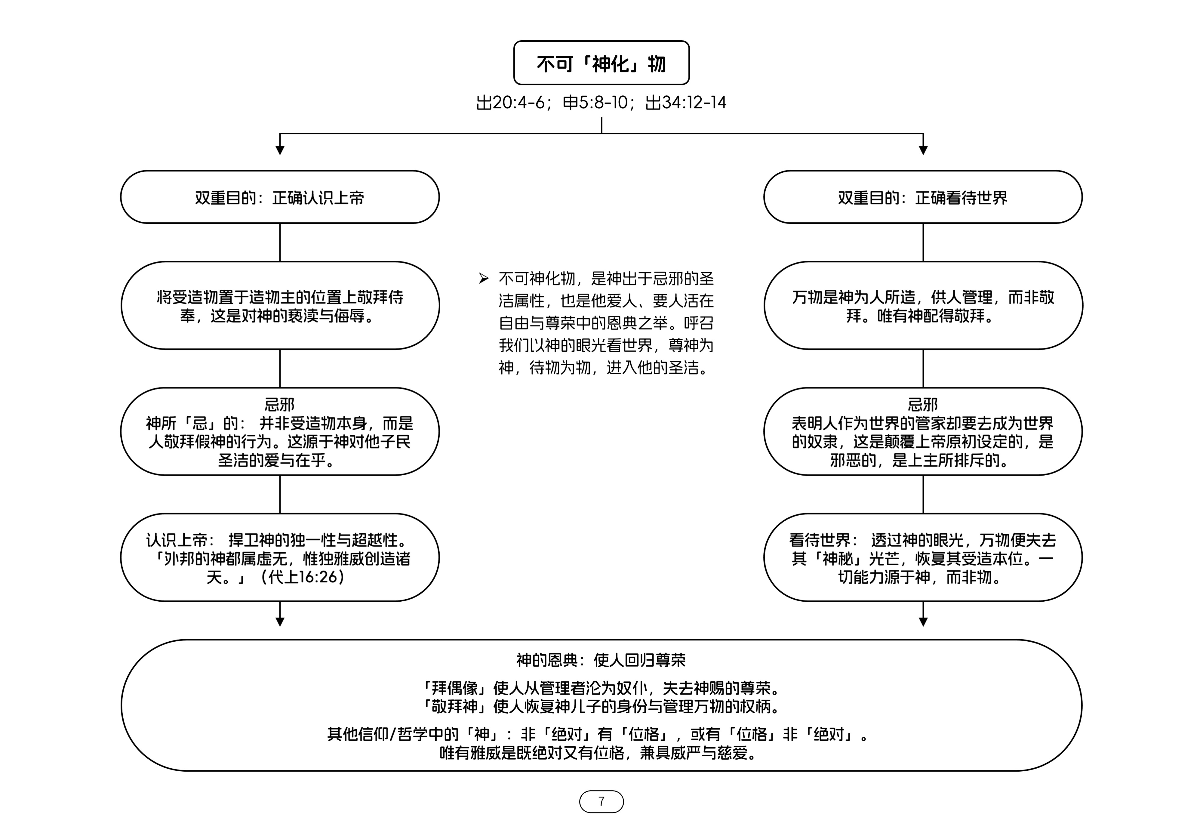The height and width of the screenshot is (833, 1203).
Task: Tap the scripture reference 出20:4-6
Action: tap(512, 103)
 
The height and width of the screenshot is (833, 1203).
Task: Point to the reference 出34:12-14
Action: tap(685, 103)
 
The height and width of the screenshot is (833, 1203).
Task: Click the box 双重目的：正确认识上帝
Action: tap(280, 197)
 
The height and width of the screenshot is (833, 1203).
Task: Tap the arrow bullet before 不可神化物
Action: tap(484, 279)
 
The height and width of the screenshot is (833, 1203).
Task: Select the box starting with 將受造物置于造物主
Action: tap(280, 306)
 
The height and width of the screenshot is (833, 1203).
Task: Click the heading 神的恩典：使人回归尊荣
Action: tap(601, 660)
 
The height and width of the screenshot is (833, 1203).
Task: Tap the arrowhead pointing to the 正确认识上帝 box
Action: tap(280, 150)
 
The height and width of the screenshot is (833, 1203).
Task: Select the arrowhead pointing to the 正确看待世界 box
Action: tap(923, 150)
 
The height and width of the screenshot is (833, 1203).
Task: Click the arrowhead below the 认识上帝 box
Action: tap(280, 622)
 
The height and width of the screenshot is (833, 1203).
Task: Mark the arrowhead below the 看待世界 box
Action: tap(923, 622)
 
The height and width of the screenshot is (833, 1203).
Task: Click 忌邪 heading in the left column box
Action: tap(280, 405)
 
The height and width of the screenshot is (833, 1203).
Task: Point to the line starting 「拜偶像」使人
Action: tap(601, 688)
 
